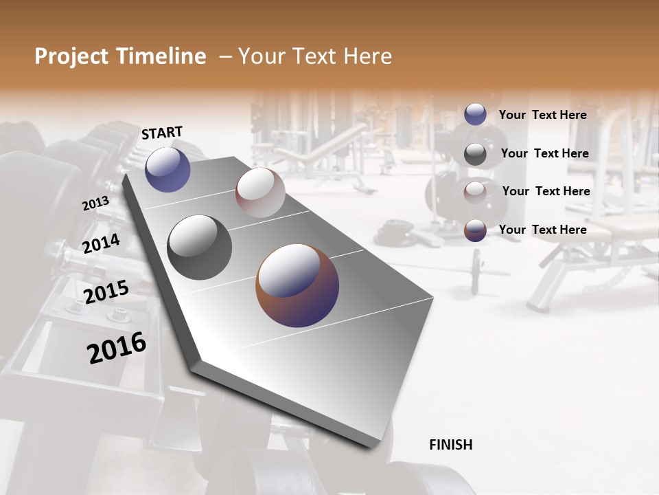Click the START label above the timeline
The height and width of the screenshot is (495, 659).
click(x=162, y=133)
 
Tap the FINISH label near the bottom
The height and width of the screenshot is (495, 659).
click(x=450, y=445)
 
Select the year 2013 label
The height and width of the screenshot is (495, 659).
click(x=95, y=203)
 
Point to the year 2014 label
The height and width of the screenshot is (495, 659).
click(x=101, y=243)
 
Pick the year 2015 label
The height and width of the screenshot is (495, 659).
click(x=106, y=292)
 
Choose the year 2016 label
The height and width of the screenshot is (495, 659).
click(x=117, y=348)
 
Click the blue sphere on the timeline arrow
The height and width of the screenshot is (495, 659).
click(x=167, y=169)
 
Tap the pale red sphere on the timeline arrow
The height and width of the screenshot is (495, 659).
click(x=260, y=192)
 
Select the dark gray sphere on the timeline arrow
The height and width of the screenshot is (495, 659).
click(x=200, y=247)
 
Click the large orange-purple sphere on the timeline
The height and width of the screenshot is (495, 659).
click(x=297, y=285)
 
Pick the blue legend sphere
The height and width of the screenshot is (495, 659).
click(x=475, y=114)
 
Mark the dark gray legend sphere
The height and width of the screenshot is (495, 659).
click(x=475, y=154)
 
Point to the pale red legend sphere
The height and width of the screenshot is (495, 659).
click(x=475, y=192)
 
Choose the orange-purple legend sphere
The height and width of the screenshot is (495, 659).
click(x=475, y=230)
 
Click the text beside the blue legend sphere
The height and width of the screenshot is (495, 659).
click(x=542, y=115)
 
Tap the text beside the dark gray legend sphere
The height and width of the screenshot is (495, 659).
click(x=544, y=153)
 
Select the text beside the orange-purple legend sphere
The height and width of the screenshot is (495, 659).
click(x=542, y=230)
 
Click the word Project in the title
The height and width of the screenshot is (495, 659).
click(x=71, y=56)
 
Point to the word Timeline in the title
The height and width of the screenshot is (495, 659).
click(x=161, y=56)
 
